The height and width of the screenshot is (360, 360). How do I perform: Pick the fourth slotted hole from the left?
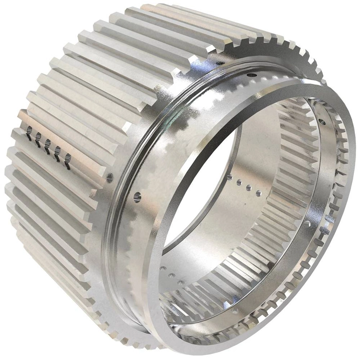(58, 150)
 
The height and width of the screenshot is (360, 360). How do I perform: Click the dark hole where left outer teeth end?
(110, 177)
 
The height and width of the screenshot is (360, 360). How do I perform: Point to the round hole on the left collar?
(137, 197)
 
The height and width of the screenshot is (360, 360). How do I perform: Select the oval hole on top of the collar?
(253, 75)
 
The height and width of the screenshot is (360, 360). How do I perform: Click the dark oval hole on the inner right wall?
(322, 122)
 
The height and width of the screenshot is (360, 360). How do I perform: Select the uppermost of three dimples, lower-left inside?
(164, 268)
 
